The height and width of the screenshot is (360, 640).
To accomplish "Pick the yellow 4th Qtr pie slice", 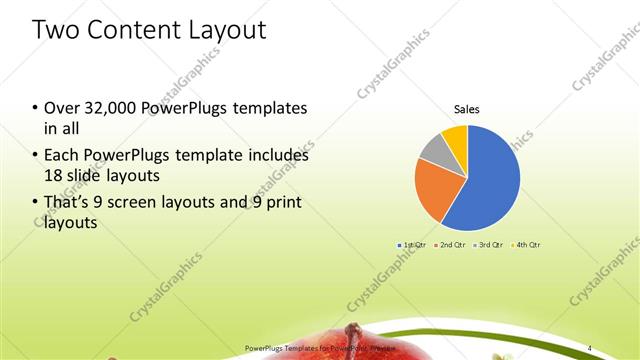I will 455,137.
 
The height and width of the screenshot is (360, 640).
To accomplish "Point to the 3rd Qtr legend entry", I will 489,245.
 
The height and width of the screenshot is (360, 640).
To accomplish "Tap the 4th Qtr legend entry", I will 527,245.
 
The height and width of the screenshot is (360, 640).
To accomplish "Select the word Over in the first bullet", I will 62,107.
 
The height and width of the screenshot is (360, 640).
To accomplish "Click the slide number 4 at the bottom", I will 589,347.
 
